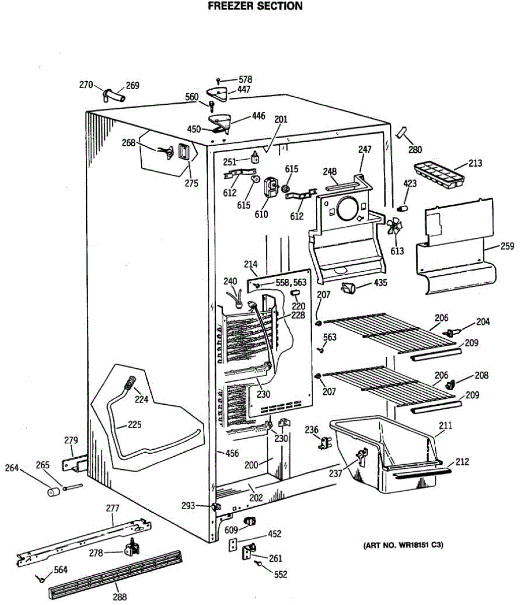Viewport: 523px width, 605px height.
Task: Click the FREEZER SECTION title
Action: click(x=255, y=7)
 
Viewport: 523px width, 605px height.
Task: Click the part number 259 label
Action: click(x=507, y=246)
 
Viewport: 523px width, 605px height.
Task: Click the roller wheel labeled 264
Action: click(x=52, y=491)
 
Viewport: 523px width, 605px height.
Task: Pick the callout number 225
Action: click(x=134, y=425)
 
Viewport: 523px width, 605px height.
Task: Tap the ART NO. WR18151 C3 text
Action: click(x=403, y=546)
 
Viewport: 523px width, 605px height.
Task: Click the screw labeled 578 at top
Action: click(x=218, y=81)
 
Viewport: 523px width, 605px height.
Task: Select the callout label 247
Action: click(x=365, y=149)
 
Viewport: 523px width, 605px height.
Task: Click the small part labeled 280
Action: click(x=402, y=133)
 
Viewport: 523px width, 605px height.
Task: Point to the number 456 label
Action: click(x=232, y=454)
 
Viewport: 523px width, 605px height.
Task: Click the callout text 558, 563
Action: click(x=291, y=283)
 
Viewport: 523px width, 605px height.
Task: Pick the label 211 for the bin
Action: click(x=445, y=426)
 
